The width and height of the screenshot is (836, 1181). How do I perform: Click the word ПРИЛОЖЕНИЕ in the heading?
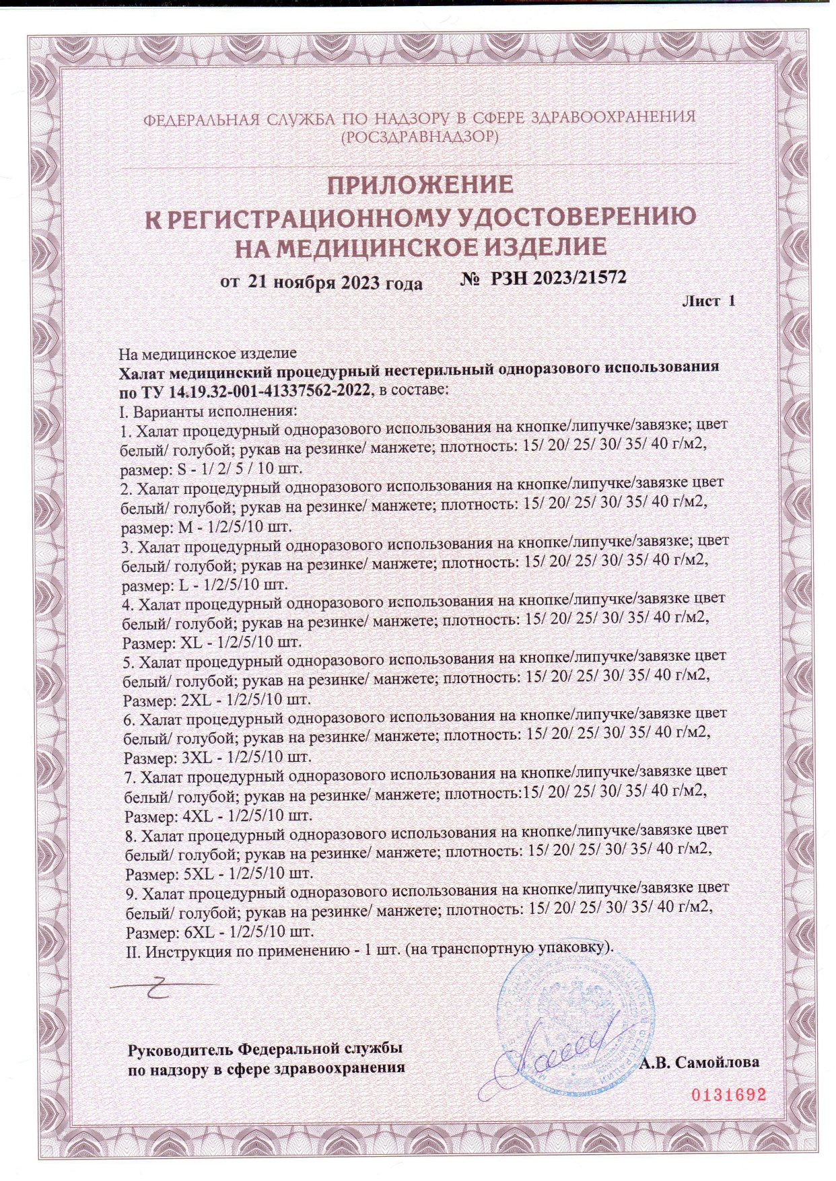(420, 184)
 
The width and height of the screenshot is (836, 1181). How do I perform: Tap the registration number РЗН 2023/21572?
(558, 278)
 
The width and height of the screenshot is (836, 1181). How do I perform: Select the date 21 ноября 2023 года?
(335, 283)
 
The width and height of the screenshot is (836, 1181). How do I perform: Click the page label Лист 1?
(708, 301)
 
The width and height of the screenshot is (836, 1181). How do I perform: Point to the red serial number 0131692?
(730, 1094)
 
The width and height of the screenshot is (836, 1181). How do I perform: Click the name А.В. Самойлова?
(699, 1063)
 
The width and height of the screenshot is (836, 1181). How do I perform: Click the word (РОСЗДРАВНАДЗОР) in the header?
(419, 137)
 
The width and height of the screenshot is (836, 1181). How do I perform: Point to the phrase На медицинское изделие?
(207, 353)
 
